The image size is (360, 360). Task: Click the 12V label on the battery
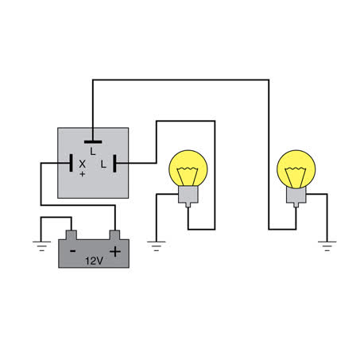pyautogui.click(x=94, y=261)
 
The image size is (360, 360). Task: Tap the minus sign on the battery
pyautogui.click(x=72, y=251)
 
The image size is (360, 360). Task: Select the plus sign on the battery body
pyautogui.click(x=115, y=252)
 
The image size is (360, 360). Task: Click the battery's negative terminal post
pyautogui.click(x=72, y=235)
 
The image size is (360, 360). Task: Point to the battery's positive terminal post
pyautogui.click(x=114, y=235)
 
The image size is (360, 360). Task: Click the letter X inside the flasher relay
pyautogui.click(x=83, y=165)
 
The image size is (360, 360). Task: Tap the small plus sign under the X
pyautogui.click(x=83, y=174)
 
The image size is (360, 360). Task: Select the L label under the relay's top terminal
pyautogui.click(x=93, y=151)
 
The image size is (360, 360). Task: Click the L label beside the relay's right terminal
pyautogui.click(x=103, y=165)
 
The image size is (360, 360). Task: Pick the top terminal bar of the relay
pyautogui.click(x=93, y=142)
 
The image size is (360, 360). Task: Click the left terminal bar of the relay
pyautogui.click(x=71, y=163)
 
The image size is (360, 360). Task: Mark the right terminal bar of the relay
pyautogui.click(x=114, y=163)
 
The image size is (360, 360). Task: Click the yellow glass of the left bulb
pyautogui.click(x=188, y=168)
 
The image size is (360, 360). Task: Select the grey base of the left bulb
pyautogui.click(x=188, y=196)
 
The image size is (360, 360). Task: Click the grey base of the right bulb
pyautogui.click(x=296, y=196)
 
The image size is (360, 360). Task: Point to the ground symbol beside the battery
pyautogui.click(x=41, y=246)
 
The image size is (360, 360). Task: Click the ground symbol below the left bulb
pyautogui.click(x=157, y=246)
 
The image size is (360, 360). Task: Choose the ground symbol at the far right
pyautogui.click(x=327, y=246)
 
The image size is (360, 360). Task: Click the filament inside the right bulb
pyautogui.click(x=296, y=177)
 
